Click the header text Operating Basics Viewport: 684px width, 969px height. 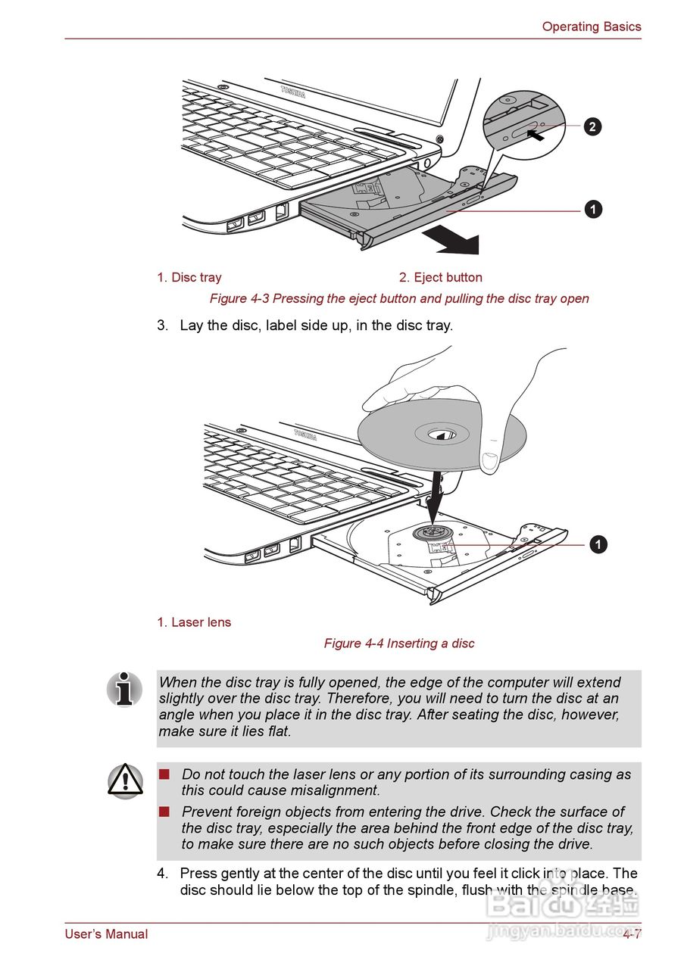[591, 26]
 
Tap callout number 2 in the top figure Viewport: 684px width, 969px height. [592, 126]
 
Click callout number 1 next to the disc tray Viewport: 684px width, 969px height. [592, 210]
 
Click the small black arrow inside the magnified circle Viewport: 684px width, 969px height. [536, 136]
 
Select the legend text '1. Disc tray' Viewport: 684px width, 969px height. [189, 277]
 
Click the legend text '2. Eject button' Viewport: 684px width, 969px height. [440, 277]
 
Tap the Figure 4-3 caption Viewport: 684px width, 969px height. [399, 298]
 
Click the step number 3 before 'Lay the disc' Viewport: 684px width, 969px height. [162, 326]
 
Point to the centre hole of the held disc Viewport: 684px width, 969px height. [442, 434]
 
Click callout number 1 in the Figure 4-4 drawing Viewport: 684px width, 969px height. [598, 544]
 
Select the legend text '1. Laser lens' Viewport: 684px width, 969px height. [194, 622]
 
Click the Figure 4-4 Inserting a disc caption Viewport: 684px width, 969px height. [399, 643]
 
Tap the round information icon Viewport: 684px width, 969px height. [125, 689]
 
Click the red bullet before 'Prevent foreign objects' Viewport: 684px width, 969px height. [164, 812]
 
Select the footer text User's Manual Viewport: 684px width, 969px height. [106, 934]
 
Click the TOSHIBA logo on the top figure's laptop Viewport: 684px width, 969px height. [293, 92]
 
